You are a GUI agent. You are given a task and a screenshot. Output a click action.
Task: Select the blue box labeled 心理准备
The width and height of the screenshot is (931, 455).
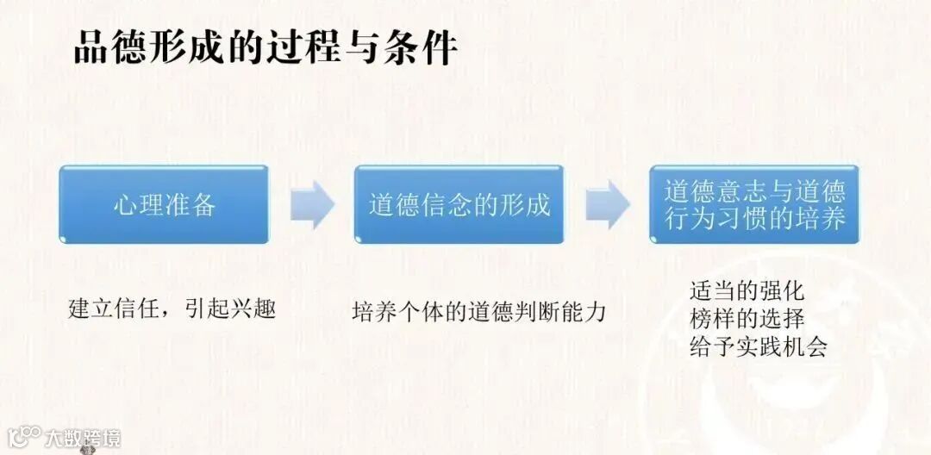pos(164,205)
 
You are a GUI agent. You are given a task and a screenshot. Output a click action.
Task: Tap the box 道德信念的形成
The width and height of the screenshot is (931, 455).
pos(459,205)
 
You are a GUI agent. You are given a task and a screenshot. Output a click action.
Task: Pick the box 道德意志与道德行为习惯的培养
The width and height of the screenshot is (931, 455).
pos(754,204)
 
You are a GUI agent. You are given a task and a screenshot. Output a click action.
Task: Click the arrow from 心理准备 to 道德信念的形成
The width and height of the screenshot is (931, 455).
pos(311,205)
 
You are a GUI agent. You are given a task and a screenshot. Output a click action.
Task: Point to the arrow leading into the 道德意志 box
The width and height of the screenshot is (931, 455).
pos(607,205)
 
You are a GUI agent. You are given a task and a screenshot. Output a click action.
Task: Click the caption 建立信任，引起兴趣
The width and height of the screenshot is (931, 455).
pos(172,309)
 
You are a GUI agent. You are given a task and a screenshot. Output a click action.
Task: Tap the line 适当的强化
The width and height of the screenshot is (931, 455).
pos(747,290)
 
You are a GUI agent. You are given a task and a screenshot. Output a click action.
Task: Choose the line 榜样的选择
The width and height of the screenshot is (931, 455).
pos(747,318)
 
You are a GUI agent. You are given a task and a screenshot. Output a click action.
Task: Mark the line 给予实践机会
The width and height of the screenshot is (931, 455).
pos(759,346)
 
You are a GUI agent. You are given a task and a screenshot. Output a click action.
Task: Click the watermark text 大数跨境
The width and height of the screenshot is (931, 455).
pos(84,437)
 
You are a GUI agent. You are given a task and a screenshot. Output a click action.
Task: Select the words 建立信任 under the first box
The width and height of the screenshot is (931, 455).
pos(112,309)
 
